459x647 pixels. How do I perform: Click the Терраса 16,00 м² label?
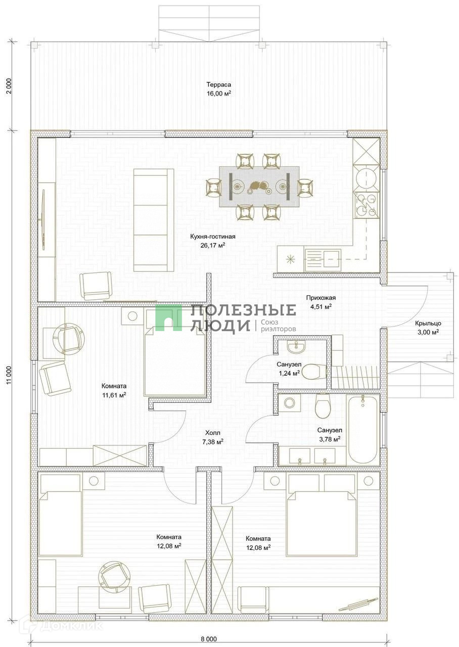click(219, 89)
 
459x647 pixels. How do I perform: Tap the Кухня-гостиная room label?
click(213, 237)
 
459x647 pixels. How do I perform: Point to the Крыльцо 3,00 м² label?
click(428, 328)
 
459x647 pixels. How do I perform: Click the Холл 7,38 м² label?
click(213, 437)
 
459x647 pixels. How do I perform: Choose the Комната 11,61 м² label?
click(114, 391)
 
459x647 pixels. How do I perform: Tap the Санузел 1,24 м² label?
click(289, 369)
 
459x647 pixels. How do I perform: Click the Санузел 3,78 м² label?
click(330, 435)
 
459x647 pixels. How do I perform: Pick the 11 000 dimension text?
click(10, 376)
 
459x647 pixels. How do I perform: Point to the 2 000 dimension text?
click(10, 86)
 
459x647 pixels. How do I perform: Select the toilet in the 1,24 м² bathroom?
click(314, 372)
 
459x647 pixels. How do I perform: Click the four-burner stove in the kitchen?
click(366, 205)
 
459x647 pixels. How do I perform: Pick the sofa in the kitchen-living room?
click(154, 220)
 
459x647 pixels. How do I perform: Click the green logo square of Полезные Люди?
click(169, 317)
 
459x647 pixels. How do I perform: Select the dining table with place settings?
click(259, 187)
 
